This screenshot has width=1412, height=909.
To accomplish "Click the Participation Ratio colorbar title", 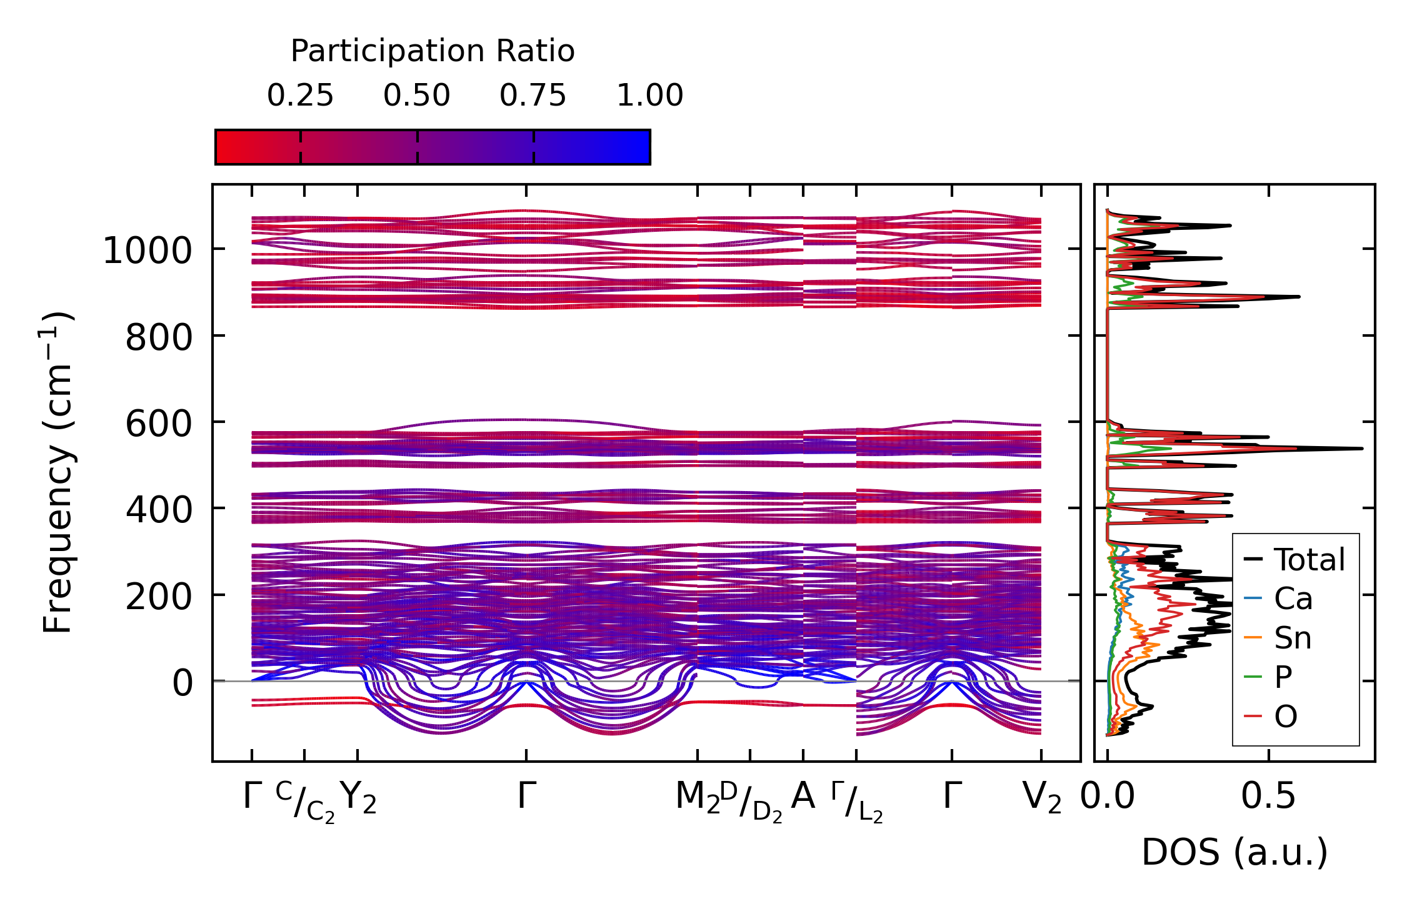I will coord(432,51).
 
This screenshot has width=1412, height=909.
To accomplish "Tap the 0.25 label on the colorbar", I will coord(300,96).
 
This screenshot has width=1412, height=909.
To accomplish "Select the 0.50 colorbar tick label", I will coord(416,96).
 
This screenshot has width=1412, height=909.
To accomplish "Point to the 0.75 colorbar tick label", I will coord(533,96).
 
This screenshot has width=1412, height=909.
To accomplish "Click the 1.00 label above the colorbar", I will coord(649,96).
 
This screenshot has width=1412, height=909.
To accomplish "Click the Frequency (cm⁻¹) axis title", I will coord(58,472).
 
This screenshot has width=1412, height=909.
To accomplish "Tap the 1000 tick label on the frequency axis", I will coord(147,251).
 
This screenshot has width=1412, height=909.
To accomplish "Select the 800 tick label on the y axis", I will coord(158,338).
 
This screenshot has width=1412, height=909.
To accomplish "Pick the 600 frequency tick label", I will coord(158,424).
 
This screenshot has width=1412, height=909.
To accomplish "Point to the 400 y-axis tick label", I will coord(158,510).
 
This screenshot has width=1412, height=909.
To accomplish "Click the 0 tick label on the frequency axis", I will coord(183,683).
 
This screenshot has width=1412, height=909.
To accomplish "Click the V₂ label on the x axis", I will coord(1041,797).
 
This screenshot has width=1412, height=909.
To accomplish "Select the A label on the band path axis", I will coord(803,796).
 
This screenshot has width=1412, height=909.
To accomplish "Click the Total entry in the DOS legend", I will coord(1309,560).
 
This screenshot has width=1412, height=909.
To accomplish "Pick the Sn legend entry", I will coord(1293,638).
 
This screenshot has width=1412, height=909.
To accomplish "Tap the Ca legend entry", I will coord(1293,599).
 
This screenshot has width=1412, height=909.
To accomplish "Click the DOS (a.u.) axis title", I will coord(1234,852).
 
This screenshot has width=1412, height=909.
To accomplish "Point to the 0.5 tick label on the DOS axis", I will coord(1268,797).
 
